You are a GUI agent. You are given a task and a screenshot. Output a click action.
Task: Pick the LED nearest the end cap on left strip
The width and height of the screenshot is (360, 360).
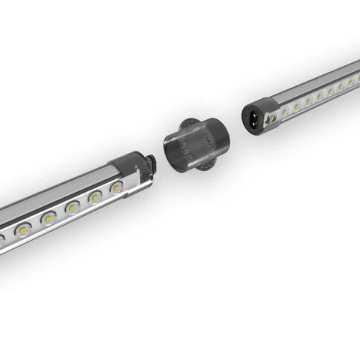click(116, 187)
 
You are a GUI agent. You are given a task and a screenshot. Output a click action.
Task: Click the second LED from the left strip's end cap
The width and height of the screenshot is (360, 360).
click(95, 196)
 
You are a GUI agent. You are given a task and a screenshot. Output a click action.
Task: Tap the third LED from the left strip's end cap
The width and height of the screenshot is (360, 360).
click(73, 206)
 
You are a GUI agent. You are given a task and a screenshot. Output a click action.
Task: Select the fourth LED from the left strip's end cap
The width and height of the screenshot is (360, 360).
click(49, 217)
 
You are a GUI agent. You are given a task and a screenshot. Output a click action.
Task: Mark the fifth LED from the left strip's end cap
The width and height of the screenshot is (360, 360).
click(24, 229)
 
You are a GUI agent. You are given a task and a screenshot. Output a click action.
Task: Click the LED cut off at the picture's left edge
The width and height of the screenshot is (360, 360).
click(2, 240)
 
